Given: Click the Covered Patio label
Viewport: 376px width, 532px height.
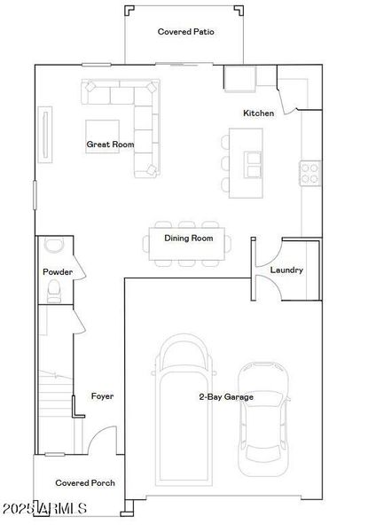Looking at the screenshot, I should pyautogui.click(x=186, y=32).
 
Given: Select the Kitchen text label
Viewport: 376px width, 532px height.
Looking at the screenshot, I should pyautogui.click(x=259, y=113).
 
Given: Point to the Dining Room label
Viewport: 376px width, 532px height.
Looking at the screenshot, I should pyautogui.click(x=189, y=239).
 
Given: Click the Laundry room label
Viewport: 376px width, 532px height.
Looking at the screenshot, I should pyautogui.click(x=286, y=270).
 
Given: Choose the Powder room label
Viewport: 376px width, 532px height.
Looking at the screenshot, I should pyautogui.click(x=57, y=272).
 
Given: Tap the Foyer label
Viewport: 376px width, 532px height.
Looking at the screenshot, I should pyautogui.click(x=103, y=396).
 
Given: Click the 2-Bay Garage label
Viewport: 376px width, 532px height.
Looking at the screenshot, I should pyautogui.click(x=225, y=397).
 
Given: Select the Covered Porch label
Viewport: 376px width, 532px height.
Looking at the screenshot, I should pyautogui.click(x=85, y=483).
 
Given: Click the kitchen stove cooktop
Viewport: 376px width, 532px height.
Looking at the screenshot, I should pyautogui.click(x=309, y=172).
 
